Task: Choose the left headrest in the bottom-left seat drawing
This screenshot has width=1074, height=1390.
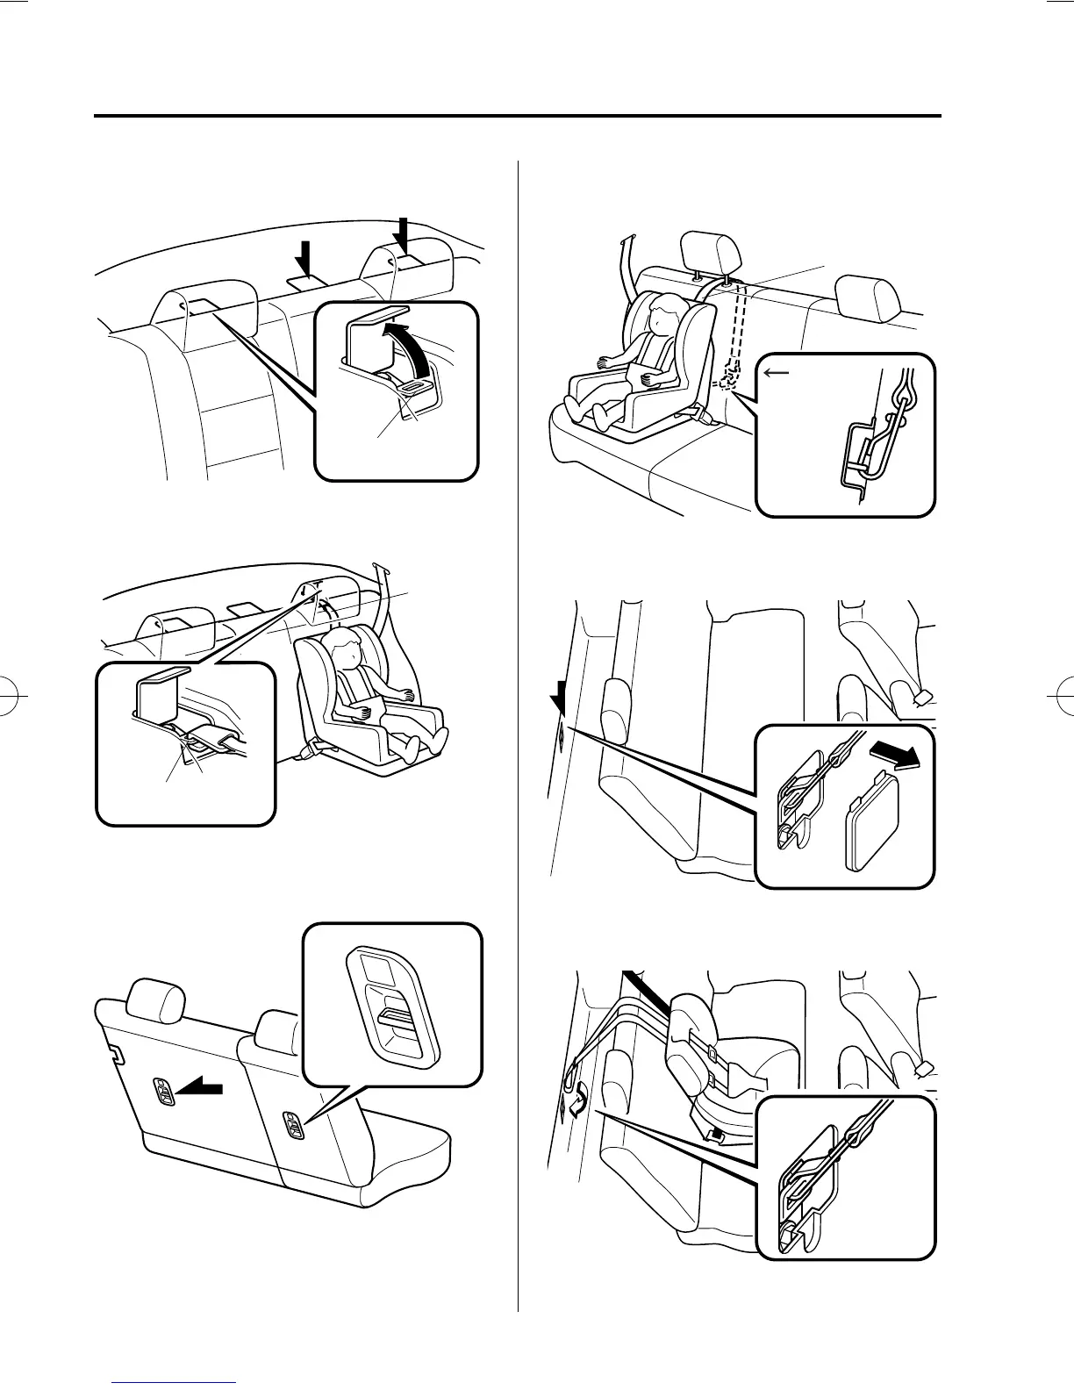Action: (155, 1001)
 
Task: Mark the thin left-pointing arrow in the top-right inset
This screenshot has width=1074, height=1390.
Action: (777, 372)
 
